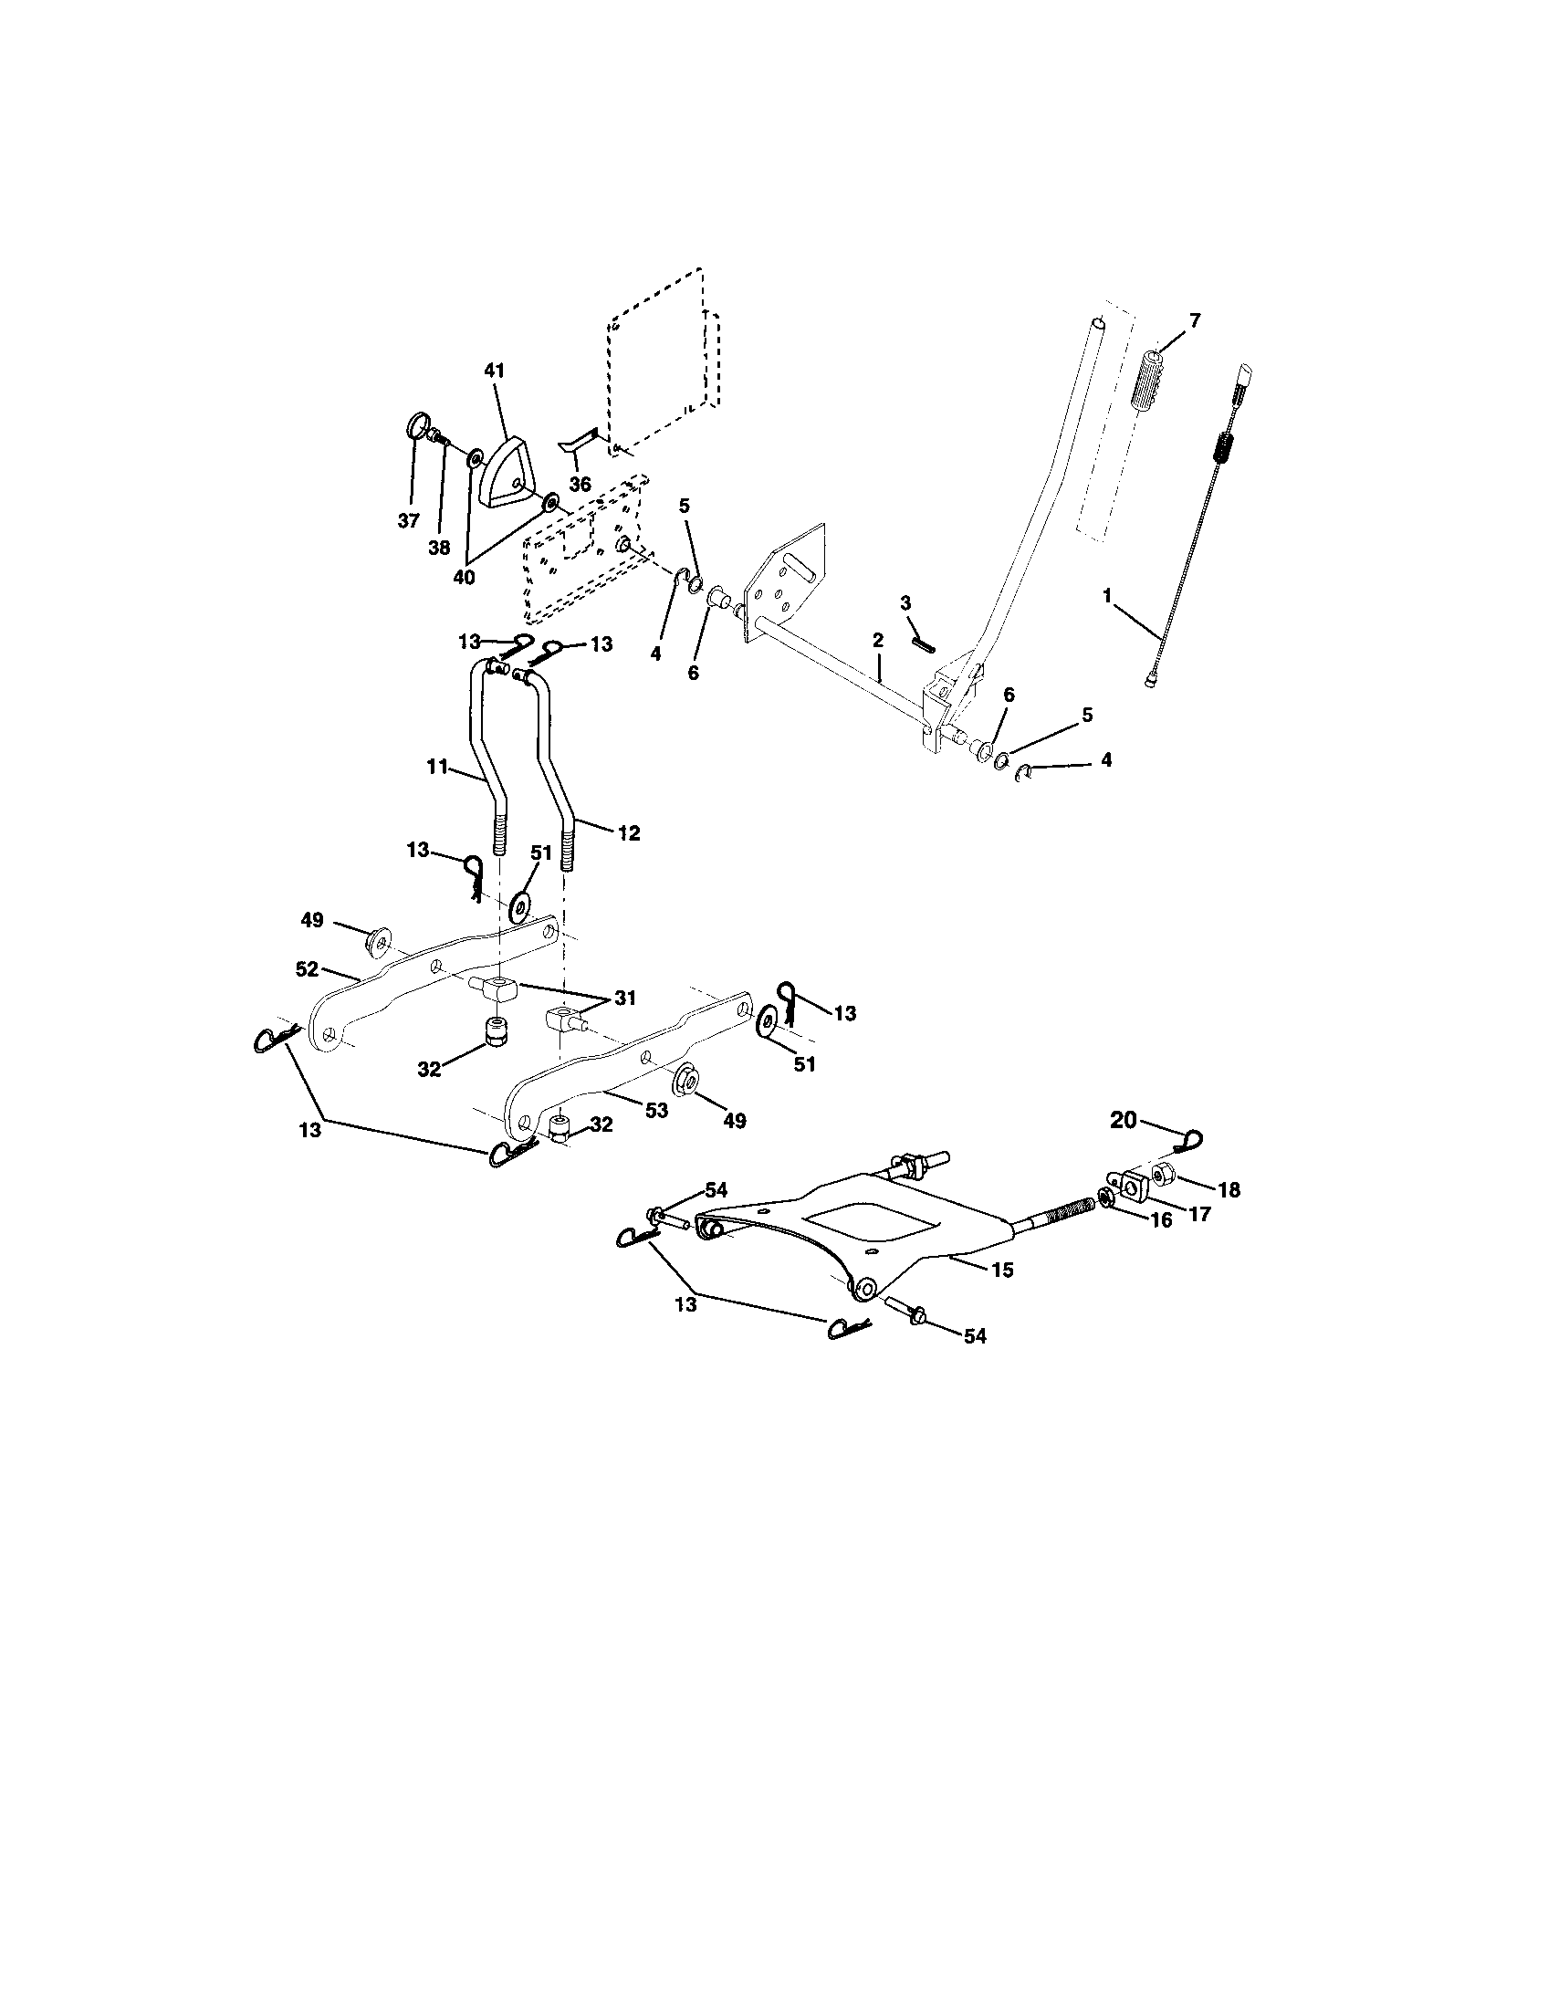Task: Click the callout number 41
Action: coord(495,371)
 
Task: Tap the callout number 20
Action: coord(1124,1119)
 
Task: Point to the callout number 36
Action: coord(579,484)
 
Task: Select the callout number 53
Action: coord(655,1111)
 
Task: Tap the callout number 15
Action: coord(1002,1270)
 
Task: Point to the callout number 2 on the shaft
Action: coord(877,638)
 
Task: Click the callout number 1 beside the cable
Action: coord(1107,596)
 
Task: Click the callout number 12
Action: coord(630,833)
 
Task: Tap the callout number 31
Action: coord(625,999)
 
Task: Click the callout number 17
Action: coord(1199,1214)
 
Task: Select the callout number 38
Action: coord(438,547)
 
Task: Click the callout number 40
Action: coord(464,578)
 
